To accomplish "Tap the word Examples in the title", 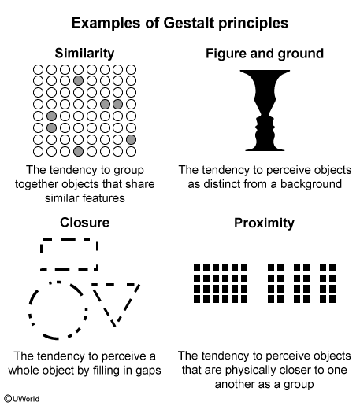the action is (106, 23).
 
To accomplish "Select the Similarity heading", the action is (84, 54).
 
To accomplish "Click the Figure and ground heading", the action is (265, 54).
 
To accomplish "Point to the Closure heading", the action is (84, 223).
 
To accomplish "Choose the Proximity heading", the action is (264, 223).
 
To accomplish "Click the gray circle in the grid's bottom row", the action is (78, 151).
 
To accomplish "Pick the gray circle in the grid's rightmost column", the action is (131, 139).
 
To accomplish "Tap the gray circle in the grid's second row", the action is (78, 80).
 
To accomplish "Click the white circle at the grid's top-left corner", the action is (38, 70).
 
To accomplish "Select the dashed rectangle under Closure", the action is (69, 239).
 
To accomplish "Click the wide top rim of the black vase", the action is (265, 72).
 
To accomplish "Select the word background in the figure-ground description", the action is (311, 184).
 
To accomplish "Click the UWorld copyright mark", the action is (22, 399).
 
